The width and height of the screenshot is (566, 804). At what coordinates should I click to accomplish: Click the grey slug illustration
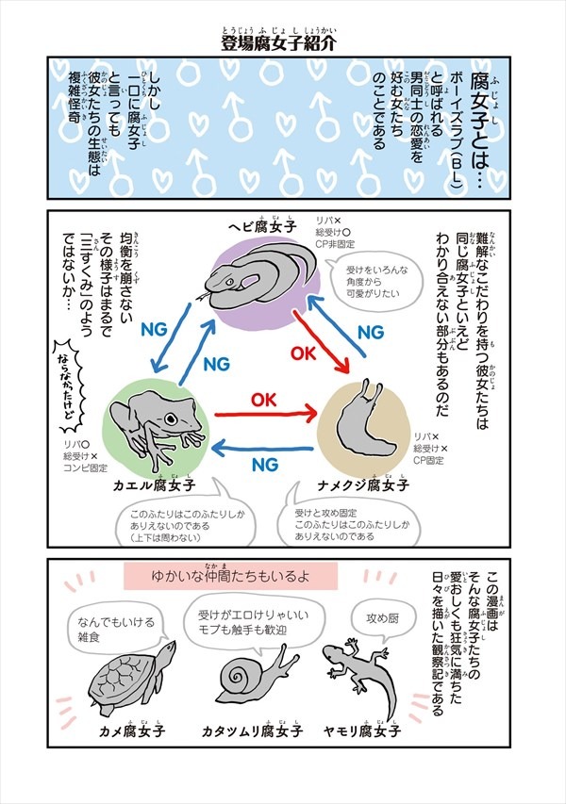click(363, 420)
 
